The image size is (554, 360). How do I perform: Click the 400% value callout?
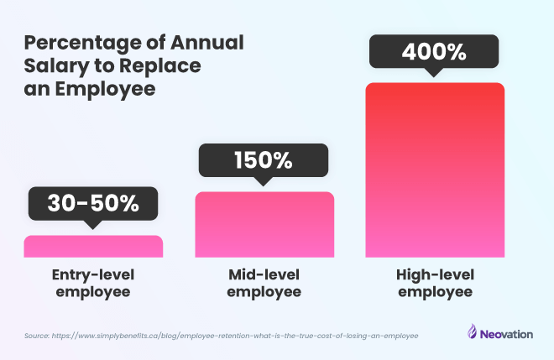click(x=435, y=52)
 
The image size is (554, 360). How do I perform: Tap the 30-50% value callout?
click(x=93, y=203)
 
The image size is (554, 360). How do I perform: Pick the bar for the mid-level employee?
click(x=264, y=224)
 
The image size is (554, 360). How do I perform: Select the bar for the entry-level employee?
click(x=93, y=246)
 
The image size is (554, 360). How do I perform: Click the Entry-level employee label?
click(x=93, y=283)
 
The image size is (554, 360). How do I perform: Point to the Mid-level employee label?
click(x=264, y=283)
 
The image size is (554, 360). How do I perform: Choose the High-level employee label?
click(x=435, y=283)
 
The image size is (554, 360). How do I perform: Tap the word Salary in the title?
click(x=53, y=66)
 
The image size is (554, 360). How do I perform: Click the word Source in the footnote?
click(x=37, y=335)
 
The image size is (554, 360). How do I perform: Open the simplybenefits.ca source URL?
click(x=235, y=335)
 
